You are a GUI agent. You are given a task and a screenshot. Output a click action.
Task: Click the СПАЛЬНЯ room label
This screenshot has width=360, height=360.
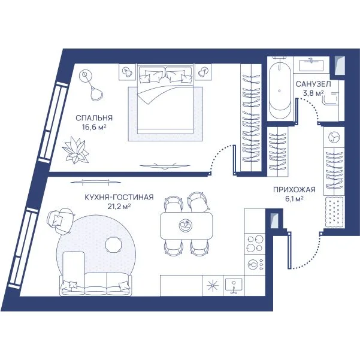[94, 118]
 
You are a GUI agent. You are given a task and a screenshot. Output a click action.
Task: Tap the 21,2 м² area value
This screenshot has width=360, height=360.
[119, 207]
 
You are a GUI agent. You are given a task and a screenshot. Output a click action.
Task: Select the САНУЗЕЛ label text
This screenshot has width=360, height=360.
[313, 84]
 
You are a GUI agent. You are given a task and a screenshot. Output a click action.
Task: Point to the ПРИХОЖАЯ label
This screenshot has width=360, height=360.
[294, 190]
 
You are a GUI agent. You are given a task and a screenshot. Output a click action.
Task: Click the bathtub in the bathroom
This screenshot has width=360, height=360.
[279, 90]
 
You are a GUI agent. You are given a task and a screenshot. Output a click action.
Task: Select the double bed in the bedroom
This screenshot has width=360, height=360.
[165, 99]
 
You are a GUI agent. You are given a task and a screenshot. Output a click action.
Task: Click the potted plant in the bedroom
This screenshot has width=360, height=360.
[75, 150]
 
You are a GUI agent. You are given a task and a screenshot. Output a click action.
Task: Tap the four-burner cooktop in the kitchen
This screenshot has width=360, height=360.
[254, 244]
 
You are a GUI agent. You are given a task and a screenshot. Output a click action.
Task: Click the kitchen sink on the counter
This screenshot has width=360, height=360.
[234, 285]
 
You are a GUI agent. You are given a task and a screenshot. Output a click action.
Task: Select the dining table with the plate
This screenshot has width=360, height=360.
[186, 225]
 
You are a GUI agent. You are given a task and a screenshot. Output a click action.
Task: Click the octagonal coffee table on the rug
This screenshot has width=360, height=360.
[113, 244]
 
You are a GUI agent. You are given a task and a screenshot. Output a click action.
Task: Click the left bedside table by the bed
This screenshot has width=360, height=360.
[127, 72]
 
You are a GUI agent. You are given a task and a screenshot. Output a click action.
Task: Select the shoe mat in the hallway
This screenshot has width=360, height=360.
[334, 211]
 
